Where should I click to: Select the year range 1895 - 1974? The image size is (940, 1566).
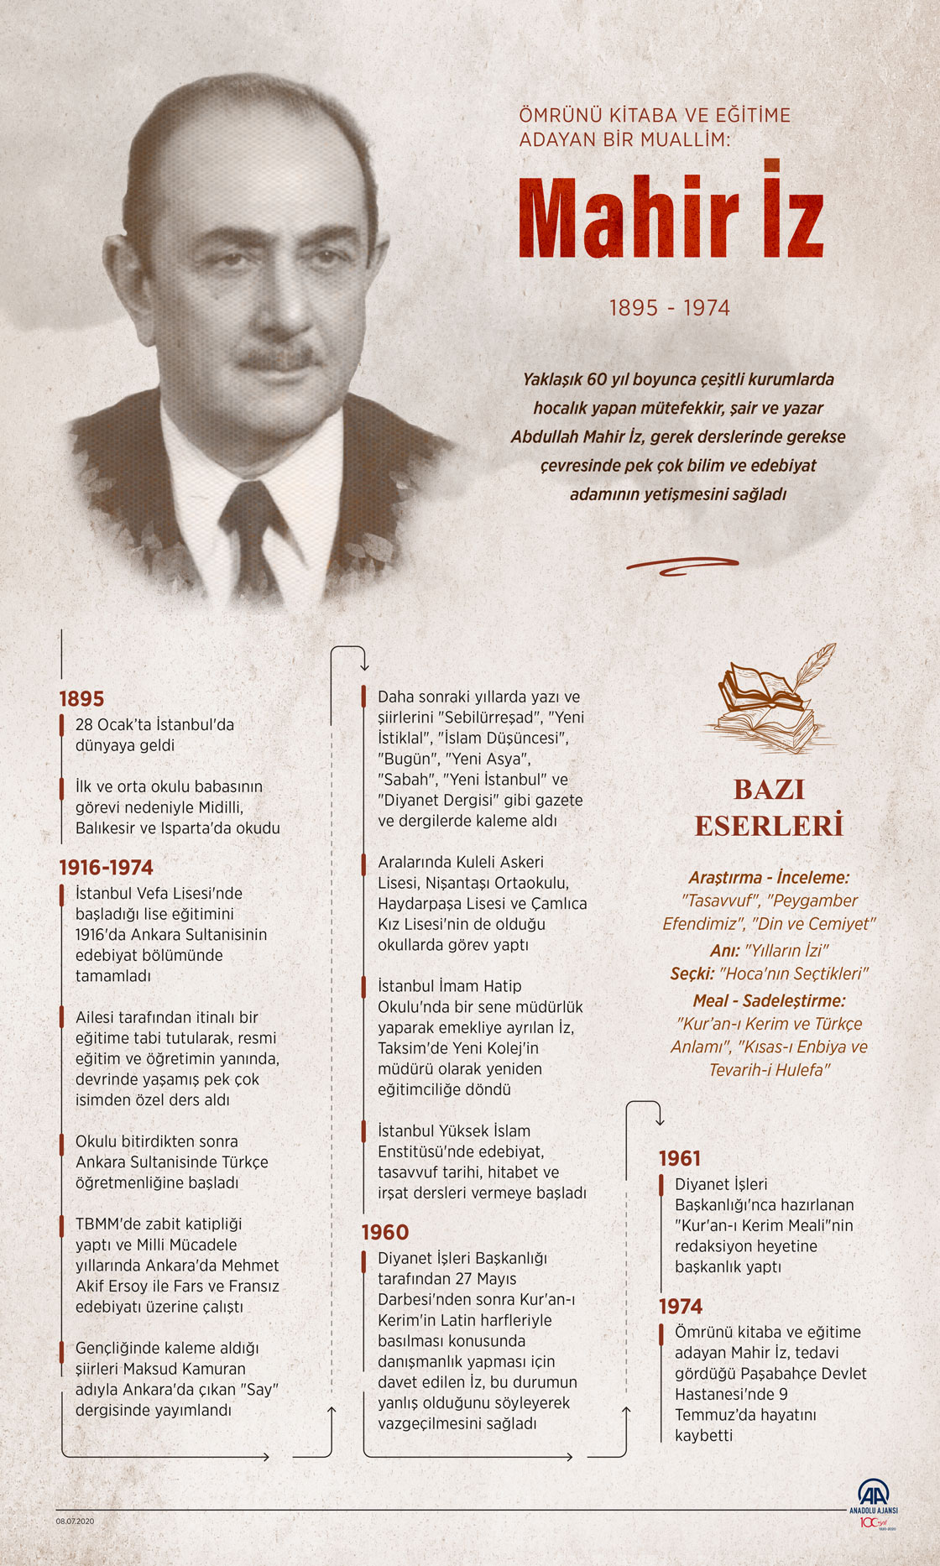tap(669, 308)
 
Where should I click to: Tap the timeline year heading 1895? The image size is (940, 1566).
tap(81, 698)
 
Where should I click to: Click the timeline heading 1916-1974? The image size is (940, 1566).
tap(106, 867)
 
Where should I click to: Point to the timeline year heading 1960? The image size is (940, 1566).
tap(384, 1232)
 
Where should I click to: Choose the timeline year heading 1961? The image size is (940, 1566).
tap(679, 1158)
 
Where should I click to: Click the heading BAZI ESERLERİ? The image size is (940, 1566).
tap(768, 807)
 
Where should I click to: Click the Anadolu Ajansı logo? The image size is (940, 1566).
tap(873, 1497)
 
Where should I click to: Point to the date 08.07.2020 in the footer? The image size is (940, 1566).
tap(75, 1521)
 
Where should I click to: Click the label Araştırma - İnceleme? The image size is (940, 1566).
tap(769, 877)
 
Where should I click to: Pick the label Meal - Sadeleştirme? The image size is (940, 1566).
tap(769, 1000)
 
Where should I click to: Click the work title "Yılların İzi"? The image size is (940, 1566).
tap(787, 950)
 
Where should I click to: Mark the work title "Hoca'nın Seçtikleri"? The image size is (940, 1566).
tap(794, 974)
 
